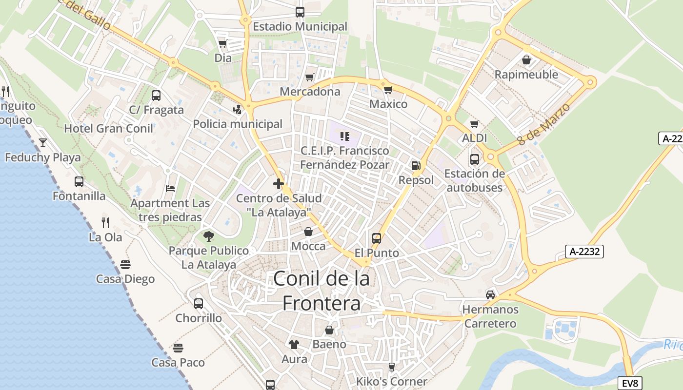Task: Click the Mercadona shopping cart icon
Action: pyautogui.click(x=309, y=77)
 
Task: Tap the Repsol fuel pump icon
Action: pyautogui.click(x=416, y=166)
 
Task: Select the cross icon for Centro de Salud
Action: pyautogui.click(x=279, y=184)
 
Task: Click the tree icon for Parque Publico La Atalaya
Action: pyautogui.click(x=209, y=236)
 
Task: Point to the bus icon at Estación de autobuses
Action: pyautogui.click(x=474, y=159)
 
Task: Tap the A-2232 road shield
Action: pyautogui.click(x=584, y=252)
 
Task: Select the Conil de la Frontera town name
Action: pyautogui.click(x=321, y=291)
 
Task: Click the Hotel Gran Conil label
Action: pyautogui.click(x=109, y=129)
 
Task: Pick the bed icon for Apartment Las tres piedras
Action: pyautogui.click(x=170, y=188)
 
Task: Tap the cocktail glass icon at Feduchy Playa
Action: pyautogui.click(x=43, y=143)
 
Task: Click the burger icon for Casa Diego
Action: pyautogui.click(x=125, y=265)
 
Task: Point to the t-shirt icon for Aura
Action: pyautogui.click(x=294, y=345)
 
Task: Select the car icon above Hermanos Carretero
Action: pyautogui.click(x=490, y=295)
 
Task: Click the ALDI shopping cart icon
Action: pyautogui.click(x=474, y=124)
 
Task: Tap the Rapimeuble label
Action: pyautogui.click(x=526, y=75)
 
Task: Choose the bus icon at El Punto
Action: pyautogui.click(x=377, y=238)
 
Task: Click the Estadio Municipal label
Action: pyautogui.click(x=300, y=26)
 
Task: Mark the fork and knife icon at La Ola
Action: pyautogui.click(x=105, y=223)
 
